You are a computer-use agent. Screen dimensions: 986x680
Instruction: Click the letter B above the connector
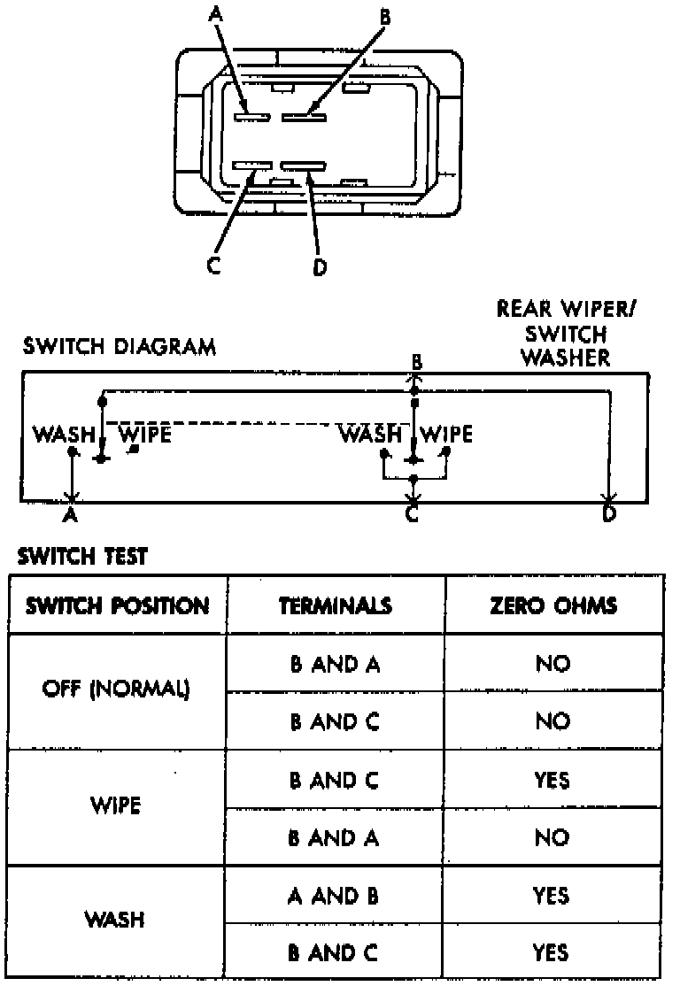(x=384, y=16)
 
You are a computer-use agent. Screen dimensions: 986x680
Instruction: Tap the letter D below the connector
(x=319, y=266)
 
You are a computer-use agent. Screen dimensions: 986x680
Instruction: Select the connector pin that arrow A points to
(x=252, y=116)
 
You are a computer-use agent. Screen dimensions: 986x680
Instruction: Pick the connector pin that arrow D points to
(x=303, y=166)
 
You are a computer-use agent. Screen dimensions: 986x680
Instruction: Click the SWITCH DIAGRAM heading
(x=118, y=346)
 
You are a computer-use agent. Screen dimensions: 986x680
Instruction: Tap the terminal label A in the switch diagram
(x=71, y=513)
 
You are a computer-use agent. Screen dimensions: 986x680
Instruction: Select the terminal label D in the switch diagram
(x=608, y=513)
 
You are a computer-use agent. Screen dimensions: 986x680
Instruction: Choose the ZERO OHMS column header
(x=552, y=606)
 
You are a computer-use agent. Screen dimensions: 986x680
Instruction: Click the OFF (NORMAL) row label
(x=116, y=691)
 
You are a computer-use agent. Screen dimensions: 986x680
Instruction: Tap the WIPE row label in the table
(x=115, y=808)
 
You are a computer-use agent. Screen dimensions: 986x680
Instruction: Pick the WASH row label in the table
(x=115, y=920)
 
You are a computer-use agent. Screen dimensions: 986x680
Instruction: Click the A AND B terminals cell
(x=334, y=896)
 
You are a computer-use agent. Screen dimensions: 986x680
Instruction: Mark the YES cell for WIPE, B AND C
(x=552, y=781)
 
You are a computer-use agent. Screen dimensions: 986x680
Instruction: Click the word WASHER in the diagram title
(x=565, y=358)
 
